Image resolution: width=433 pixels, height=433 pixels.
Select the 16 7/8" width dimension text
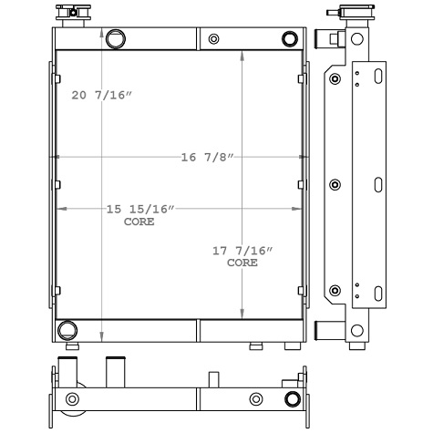[208, 158]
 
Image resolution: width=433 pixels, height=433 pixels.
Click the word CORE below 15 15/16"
[139, 221]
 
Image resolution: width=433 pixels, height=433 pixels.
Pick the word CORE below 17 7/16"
[242, 263]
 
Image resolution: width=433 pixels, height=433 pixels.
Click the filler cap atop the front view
[68, 14]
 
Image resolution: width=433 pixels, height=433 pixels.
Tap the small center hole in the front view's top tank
[213, 39]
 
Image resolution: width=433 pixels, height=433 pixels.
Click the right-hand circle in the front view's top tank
[290, 39]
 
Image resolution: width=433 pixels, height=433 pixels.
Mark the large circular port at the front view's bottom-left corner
[67, 329]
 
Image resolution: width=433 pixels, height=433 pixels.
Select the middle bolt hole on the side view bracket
[335, 185]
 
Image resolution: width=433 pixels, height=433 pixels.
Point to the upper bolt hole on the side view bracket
[335, 79]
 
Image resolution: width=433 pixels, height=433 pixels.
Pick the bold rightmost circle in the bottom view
[292, 399]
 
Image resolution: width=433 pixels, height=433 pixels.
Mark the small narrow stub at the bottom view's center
[214, 378]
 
